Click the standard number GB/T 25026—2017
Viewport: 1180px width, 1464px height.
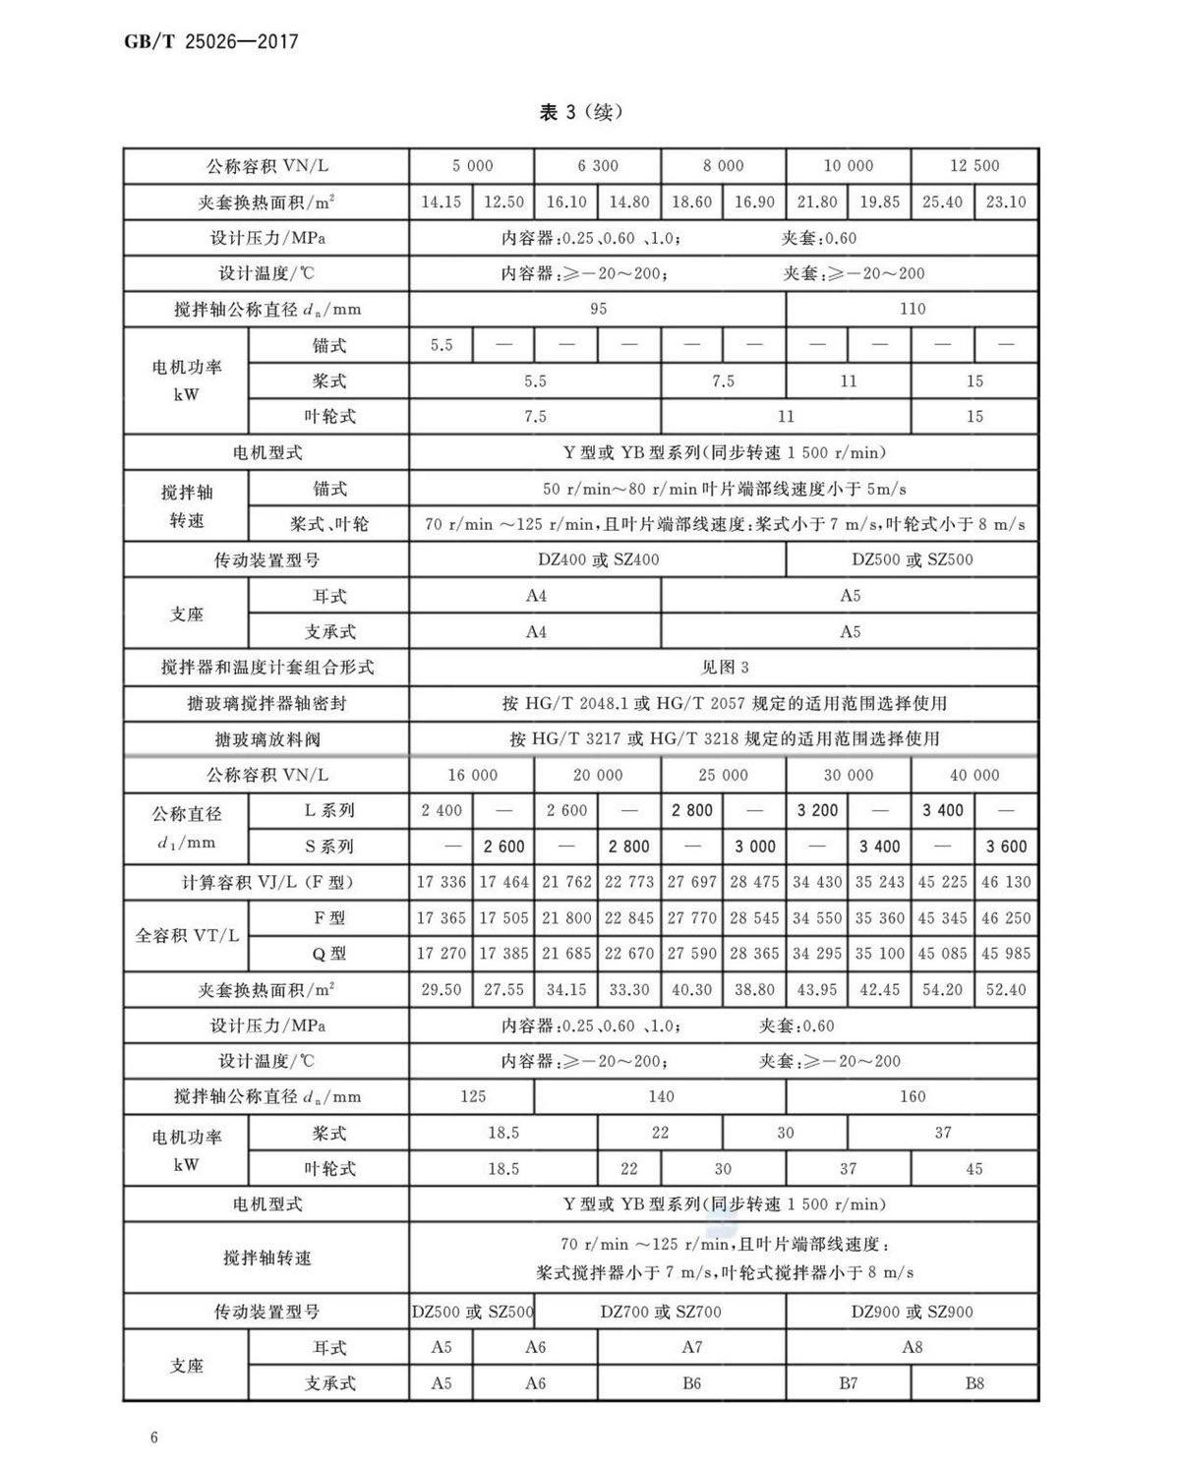click(x=210, y=41)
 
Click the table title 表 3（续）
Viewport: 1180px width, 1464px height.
click(x=580, y=112)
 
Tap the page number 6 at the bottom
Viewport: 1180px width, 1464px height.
click(x=154, y=1437)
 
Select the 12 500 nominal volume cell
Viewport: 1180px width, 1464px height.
click(x=973, y=166)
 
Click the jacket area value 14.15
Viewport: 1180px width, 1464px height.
click(x=441, y=203)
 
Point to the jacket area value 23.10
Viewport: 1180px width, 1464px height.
click(x=1005, y=203)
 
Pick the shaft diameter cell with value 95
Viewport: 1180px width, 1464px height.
click(x=598, y=309)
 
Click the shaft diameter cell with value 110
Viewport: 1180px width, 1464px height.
click(x=912, y=309)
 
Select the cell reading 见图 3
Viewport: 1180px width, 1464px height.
click(x=724, y=668)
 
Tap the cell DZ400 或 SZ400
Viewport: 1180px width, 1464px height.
click(x=598, y=559)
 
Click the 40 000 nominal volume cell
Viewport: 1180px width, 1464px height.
click(x=973, y=775)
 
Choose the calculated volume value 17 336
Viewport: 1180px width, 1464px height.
click(x=441, y=882)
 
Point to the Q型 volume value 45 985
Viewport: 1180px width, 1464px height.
click(x=1005, y=953)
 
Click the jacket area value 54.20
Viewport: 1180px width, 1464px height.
click(x=942, y=989)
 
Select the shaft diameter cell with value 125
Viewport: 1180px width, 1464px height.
click(x=472, y=1096)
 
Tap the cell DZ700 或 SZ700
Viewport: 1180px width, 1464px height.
click(x=661, y=1312)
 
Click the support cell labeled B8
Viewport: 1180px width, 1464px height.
click(x=973, y=1382)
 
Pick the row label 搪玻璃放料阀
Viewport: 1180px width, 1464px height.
click(x=266, y=738)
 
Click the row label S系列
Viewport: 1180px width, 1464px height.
click(x=328, y=846)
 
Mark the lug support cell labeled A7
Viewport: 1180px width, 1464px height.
click(x=691, y=1347)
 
